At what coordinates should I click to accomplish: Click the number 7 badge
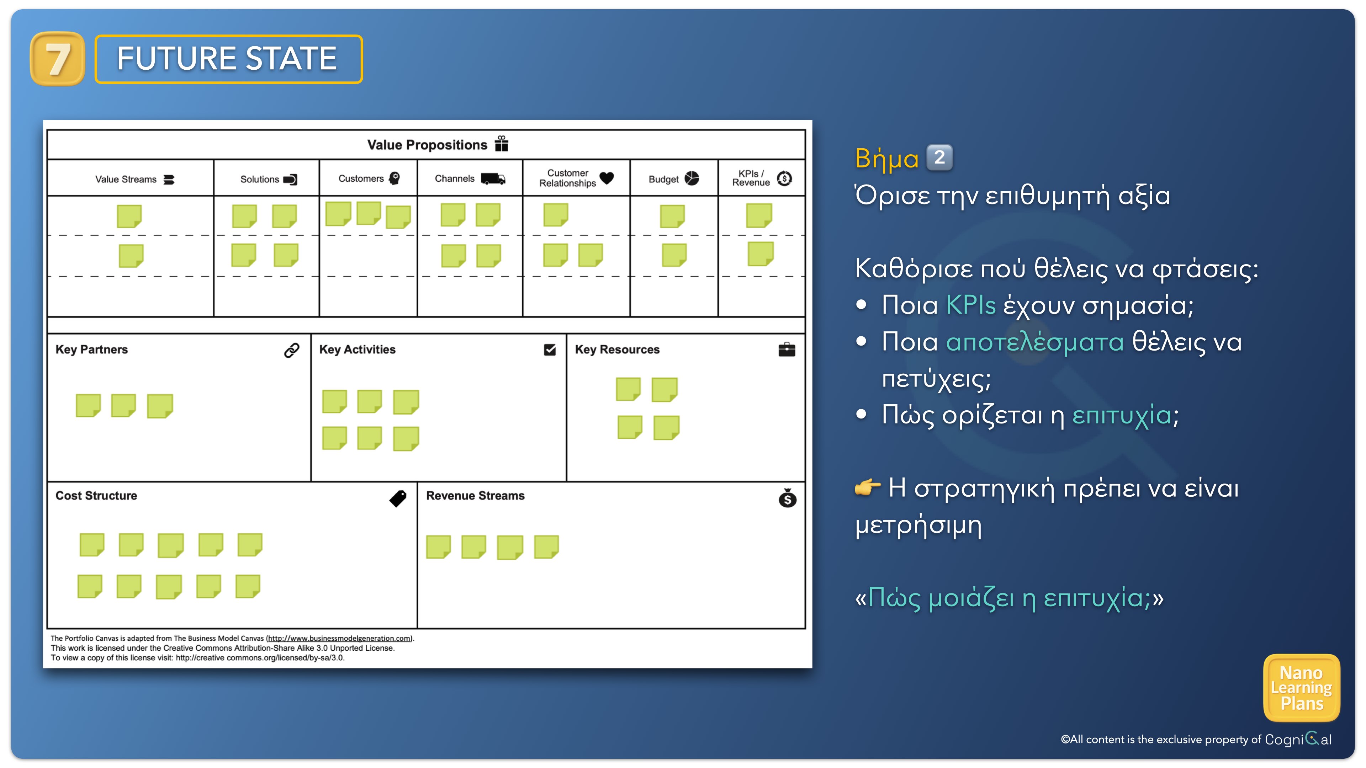click(57, 59)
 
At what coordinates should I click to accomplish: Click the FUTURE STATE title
click(227, 58)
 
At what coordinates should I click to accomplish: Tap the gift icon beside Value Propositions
click(501, 144)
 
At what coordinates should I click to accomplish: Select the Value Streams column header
click(135, 179)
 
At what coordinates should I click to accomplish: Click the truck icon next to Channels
click(493, 178)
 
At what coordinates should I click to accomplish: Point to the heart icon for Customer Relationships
click(607, 178)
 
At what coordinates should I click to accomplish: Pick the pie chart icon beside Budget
click(692, 178)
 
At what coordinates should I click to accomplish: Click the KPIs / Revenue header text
click(751, 178)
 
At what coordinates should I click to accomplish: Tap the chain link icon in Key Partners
click(292, 350)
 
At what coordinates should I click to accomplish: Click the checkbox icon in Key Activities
click(550, 350)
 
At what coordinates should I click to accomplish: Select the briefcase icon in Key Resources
click(787, 350)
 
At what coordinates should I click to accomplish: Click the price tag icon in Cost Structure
click(398, 498)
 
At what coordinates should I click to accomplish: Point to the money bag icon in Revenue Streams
click(788, 498)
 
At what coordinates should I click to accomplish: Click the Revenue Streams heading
click(475, 496)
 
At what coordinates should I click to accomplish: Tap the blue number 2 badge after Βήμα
click(939, 158)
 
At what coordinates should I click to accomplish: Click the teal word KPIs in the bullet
click(971, 305)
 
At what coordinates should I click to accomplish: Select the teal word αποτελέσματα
click(1034, 342)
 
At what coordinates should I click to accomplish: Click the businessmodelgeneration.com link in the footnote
click(339, 638)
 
